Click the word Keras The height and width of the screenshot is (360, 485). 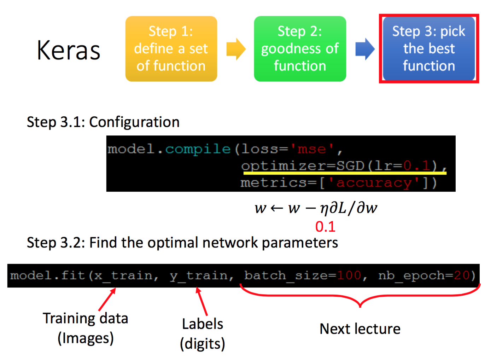coord(69,50)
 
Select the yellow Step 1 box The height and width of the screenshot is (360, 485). coord(171,49)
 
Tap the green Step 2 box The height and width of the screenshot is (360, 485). coord(300,49)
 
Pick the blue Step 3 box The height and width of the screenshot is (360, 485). coord(429,49)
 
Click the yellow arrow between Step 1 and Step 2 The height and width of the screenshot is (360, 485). coord(236,49)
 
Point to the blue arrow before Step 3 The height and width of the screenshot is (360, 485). coord(365,49)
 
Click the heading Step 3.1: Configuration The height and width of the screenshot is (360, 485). coord(103,122)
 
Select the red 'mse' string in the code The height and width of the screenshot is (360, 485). coord(311,149)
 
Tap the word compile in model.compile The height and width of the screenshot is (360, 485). coord(198,149)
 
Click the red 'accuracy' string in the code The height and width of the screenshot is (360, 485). coord(374,182)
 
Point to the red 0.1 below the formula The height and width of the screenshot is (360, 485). coord(325,227)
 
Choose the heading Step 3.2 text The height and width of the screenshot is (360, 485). coord(182,243)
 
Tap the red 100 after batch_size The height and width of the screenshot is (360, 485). coord(349,275)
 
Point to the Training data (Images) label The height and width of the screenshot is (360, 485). coord(86,328)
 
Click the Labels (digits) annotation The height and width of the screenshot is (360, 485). coord(203,333)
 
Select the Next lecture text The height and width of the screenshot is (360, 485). coord(360,329)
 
